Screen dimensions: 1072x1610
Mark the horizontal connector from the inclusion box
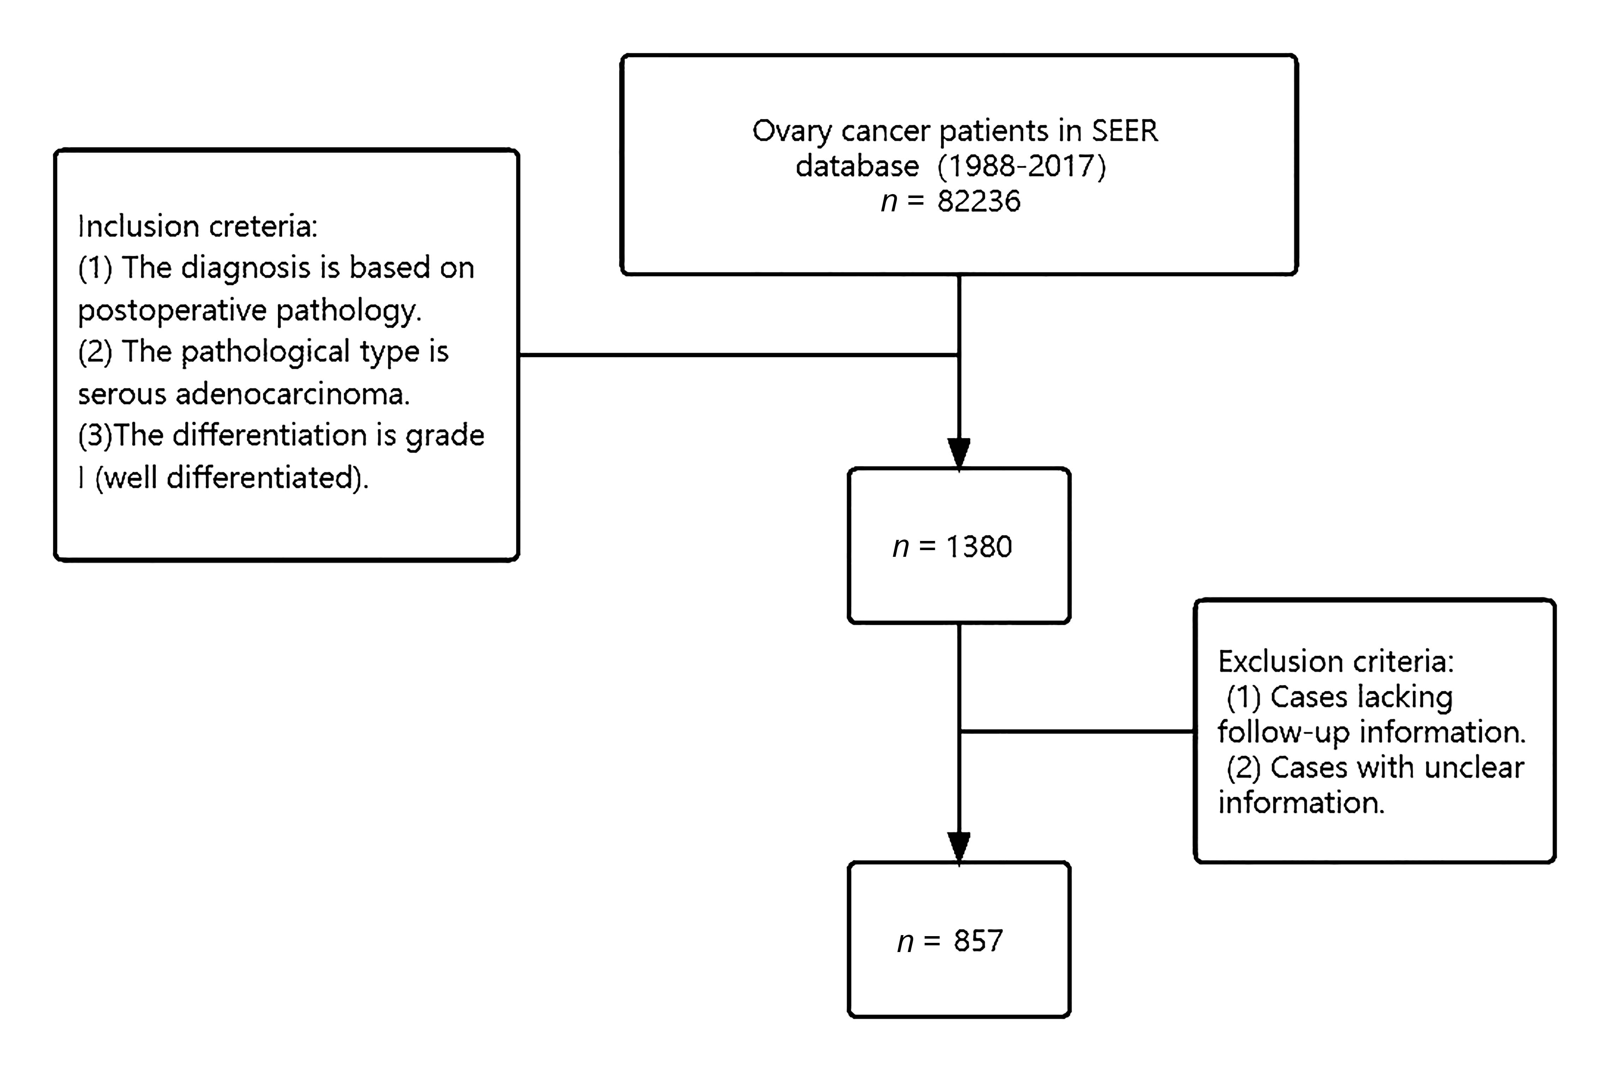(x=738, y=355)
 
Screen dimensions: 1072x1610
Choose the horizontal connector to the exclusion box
(x=1077, y=731)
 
